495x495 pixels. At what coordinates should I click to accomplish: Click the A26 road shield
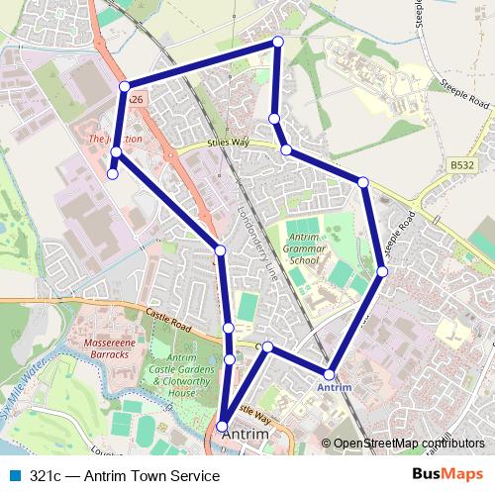(136, 100)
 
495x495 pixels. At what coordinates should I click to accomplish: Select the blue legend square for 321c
(12, 475)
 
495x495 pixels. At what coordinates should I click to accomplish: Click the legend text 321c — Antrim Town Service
(124, 475)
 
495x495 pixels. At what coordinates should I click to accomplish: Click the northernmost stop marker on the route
(278, 42)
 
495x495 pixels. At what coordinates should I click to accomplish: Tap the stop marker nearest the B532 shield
(363, 182)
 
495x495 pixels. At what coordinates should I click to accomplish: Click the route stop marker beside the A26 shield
(125, 87)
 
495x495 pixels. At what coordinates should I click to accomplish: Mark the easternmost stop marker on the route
(382, 271)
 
